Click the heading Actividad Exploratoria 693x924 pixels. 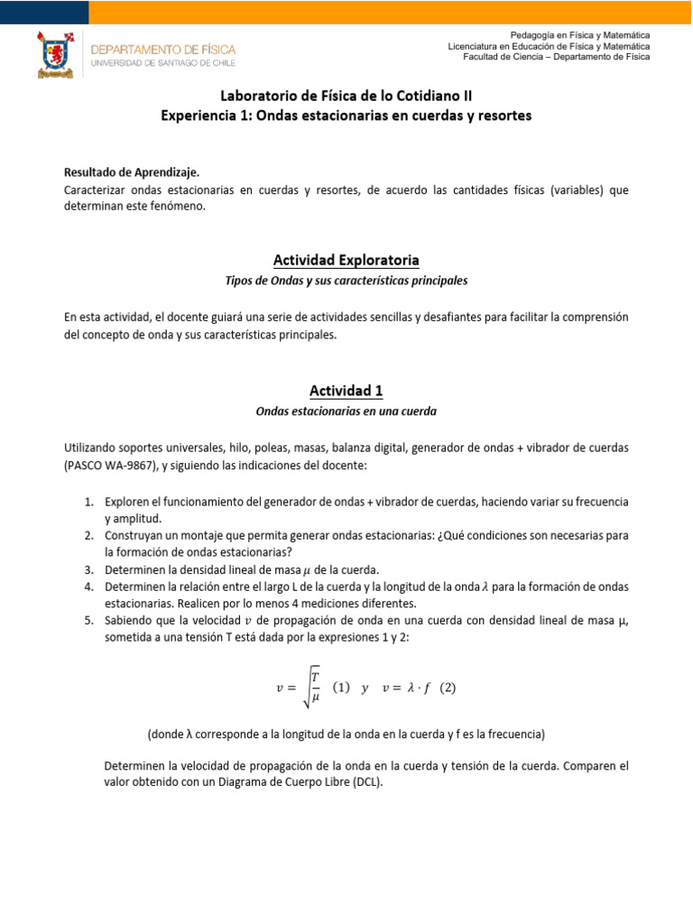coord(346,261)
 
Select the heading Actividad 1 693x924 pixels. coord(346,391)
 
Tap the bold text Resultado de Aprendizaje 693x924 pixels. coord(132,171)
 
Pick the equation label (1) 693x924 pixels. coord(341,687)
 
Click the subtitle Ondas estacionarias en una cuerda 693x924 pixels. coord(346,411)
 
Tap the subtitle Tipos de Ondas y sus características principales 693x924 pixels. coord(346,282)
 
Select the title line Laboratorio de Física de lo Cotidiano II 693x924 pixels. coord(346,96)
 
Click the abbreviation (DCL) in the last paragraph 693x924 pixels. coord(367,782)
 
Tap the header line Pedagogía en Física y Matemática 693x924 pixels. coord(580,34)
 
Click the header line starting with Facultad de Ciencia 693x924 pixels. coord(556,57)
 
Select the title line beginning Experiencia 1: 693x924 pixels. coord(346,115)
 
